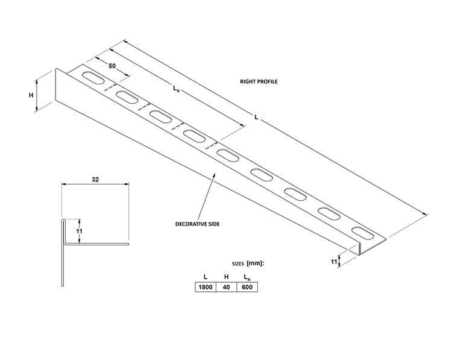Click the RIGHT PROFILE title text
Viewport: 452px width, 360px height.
pyautogui.click(x=259, y=81)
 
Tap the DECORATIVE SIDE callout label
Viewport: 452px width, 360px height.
pyautogui.click(x=198, y=224)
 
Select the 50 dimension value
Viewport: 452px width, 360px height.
pyautogui.click(x=112, y=66)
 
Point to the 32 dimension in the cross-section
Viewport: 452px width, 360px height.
pyautogui.click(x=95, y=180)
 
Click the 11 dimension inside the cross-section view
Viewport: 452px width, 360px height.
pyautogui.click(x=80, y=231)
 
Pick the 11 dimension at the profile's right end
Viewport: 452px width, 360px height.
pyautogui.click(x=334, y=262)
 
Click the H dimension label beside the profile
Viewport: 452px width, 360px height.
pyautogui.click(x=31, y=95)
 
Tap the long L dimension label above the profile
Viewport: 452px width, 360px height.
pyautogui.click(x=256, y=117)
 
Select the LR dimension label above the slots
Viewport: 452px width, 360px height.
pyautogui.click(x=176, y=89)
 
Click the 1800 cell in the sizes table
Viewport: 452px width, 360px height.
pyautogui.click(x=206, y=287)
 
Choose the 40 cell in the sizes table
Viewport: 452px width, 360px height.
pyautogui.click(x=226, y=287)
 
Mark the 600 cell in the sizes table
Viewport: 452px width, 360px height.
pyautogui.click(x=247, y=287)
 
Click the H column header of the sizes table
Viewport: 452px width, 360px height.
pyautogui.click(x=226, y=277)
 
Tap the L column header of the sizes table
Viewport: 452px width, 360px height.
pyautogui.click(x=206, y=277)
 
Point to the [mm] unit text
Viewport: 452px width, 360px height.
pyautogui.click(x=255, y=264)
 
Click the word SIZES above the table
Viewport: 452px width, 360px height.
pyautogui.click(x=238, y=264)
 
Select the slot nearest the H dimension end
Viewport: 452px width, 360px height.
pyautogui.click(x=93, y=78)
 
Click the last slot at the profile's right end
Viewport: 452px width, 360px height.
pyautogui.click(x=362, y=233)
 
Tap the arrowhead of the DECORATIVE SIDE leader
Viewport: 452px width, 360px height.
pyautogui.click(x=214, y=174)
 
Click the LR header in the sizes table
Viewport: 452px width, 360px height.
pyautogui.click(x=247, y=277)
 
